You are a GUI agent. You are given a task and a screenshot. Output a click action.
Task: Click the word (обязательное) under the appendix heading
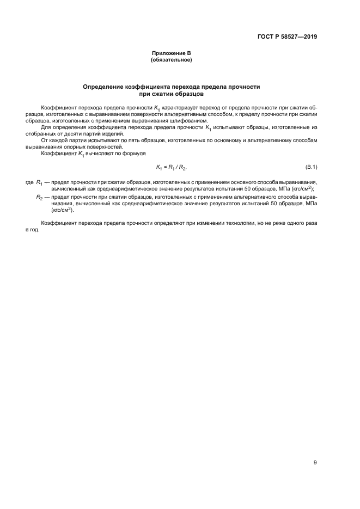171,60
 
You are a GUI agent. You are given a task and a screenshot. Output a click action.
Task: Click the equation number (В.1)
312,167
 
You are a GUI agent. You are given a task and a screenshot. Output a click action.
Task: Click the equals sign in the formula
167,167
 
